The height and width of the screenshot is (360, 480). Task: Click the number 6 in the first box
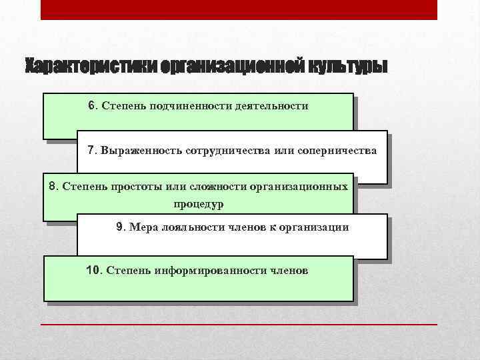[x=92, y=105]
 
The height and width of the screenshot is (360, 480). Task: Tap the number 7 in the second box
[x=92, y=150]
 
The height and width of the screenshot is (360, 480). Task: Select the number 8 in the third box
[x=53, y=186]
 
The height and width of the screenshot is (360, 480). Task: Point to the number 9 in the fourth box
[x=119, y=227]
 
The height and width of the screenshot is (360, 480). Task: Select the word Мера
[x=144, y=227]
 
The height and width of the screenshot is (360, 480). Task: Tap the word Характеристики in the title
[x=79, y=67]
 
